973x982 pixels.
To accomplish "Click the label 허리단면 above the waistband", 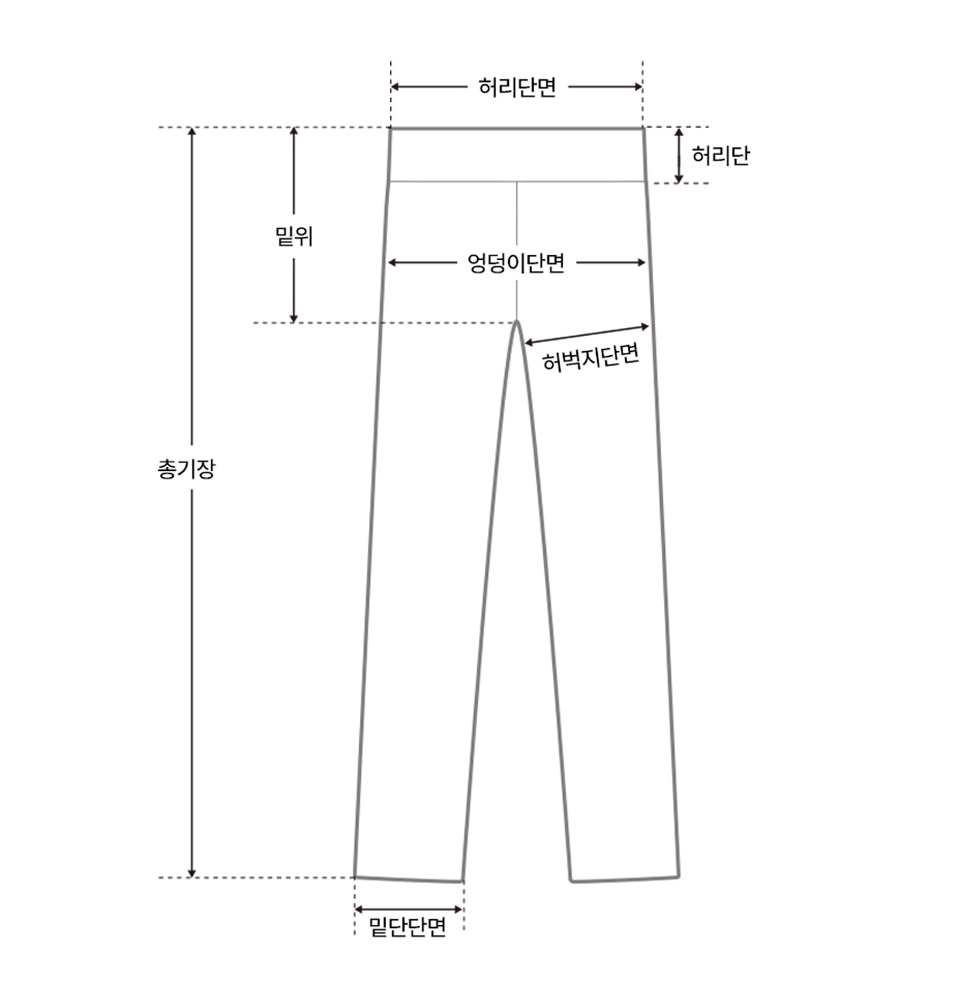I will click(517, 87).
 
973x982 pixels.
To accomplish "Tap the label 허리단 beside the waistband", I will click(720, 157).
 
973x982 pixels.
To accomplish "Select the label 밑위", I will click(293, 236).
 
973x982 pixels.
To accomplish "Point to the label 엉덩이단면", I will click(516, 263).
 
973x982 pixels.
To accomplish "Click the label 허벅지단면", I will click(591, 357).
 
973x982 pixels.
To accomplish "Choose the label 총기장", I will click(186, 469).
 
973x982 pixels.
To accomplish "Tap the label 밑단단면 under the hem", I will click(408, 926).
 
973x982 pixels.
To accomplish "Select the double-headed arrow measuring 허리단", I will click(679, 155).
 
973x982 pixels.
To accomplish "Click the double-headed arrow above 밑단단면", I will click(409, 909).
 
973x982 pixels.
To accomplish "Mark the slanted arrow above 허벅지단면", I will click(587, 334).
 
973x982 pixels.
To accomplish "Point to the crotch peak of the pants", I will click(517, 322).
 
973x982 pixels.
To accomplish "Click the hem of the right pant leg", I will click(625, 879).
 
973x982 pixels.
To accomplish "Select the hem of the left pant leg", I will click(409, 879).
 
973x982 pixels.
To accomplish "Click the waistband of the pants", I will click(516, 154).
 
